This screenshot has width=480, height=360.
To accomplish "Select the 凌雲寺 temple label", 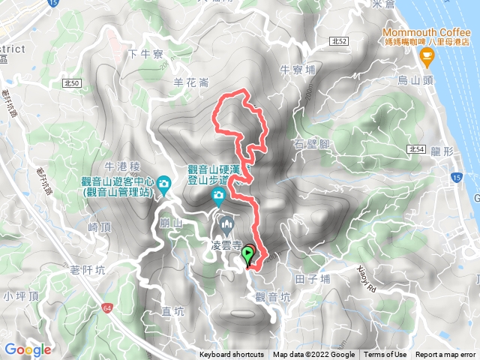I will coord(226,245).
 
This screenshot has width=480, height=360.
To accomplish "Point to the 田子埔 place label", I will coord(314,278).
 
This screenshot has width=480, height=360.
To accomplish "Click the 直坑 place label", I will coord(173,311).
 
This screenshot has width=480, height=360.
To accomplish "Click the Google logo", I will coord(27,349).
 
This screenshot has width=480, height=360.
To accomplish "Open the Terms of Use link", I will coord(386,355).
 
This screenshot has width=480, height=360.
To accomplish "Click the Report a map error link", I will coord(446,355).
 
